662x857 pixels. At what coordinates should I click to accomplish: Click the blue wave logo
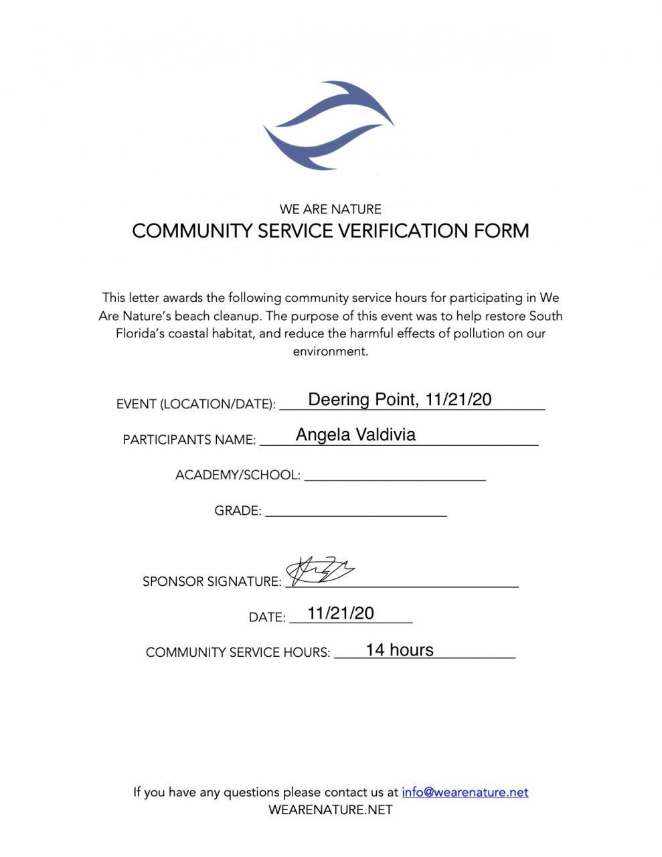[329, 125]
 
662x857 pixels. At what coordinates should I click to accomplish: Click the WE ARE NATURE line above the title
[331, 209]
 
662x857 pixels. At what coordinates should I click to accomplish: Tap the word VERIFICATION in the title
[403, 231]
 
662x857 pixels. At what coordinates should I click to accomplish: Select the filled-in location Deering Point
[362, 400]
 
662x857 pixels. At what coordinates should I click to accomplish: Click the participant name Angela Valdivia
[355, 435]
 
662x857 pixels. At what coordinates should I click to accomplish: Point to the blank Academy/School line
[394, 476]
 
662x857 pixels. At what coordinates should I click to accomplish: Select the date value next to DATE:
[341, 613]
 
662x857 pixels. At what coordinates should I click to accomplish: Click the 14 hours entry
[400, 650]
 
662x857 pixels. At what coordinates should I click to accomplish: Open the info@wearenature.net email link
[465, 792]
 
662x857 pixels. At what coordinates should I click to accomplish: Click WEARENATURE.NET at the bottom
[331, 809]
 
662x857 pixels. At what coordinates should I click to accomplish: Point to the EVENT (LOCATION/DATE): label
[195, 404]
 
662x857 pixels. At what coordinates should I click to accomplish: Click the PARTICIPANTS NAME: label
[189, 440]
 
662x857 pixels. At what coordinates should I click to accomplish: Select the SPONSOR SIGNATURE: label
[212, 581]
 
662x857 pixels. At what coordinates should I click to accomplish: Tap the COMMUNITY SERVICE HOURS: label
[238, 652]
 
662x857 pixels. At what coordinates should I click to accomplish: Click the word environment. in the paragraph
[331, 351]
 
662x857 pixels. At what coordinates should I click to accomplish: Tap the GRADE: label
[238, 511]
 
